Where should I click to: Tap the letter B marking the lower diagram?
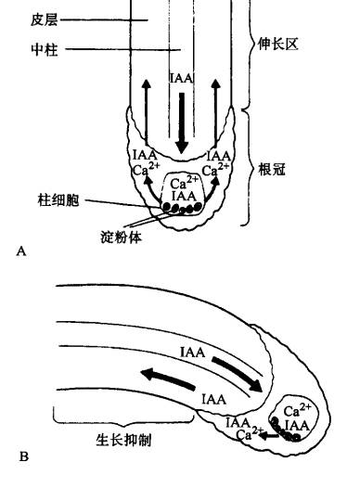[22, 455]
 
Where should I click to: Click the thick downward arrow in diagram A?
[181, 122]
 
